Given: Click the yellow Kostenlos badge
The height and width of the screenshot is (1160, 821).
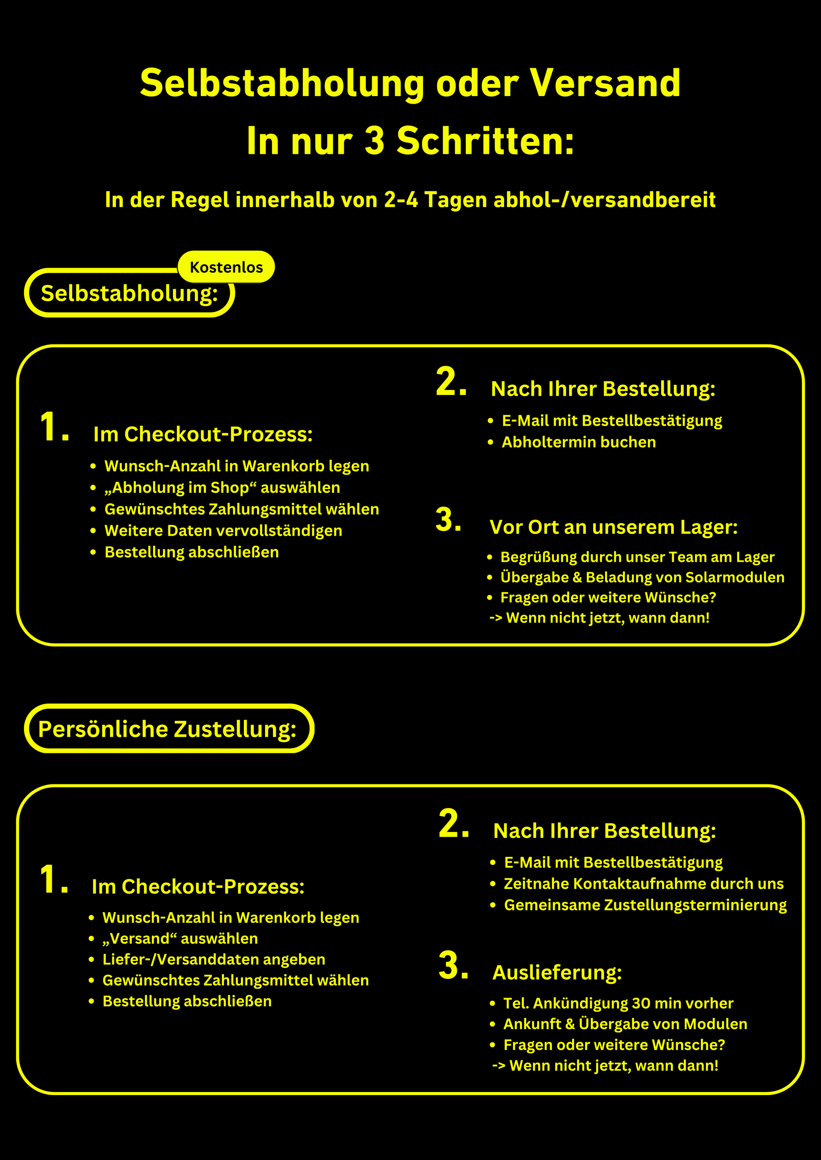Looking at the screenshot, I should (226, 267).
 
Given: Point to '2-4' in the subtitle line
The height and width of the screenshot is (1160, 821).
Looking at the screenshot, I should (401, 200).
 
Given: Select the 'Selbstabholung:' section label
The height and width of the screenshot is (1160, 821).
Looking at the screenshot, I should (130, 293).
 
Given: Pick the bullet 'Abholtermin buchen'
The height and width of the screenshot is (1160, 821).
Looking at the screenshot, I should (578, 442).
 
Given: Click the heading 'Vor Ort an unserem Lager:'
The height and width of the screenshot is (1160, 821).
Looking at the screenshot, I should (613, 527).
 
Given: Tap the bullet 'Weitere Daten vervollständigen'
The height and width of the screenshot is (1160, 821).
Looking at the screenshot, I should (223, 531).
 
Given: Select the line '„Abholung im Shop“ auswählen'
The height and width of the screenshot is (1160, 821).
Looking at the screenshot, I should (222, 488).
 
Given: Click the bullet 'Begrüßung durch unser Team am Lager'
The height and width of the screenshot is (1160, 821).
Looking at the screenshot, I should (637, 557).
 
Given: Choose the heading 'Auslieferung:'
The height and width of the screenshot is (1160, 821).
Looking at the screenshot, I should (557, 972).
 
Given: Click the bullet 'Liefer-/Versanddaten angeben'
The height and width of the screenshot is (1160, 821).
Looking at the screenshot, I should (213, 959).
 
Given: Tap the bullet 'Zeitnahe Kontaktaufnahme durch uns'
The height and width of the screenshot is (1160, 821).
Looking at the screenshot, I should (643, 883).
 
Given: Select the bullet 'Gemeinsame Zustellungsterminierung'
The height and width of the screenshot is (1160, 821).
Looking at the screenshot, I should (645, 905).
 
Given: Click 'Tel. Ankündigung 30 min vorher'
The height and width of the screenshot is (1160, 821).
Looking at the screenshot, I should (618, 1003).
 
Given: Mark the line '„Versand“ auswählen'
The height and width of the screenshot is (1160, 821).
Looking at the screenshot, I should (180, 938).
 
